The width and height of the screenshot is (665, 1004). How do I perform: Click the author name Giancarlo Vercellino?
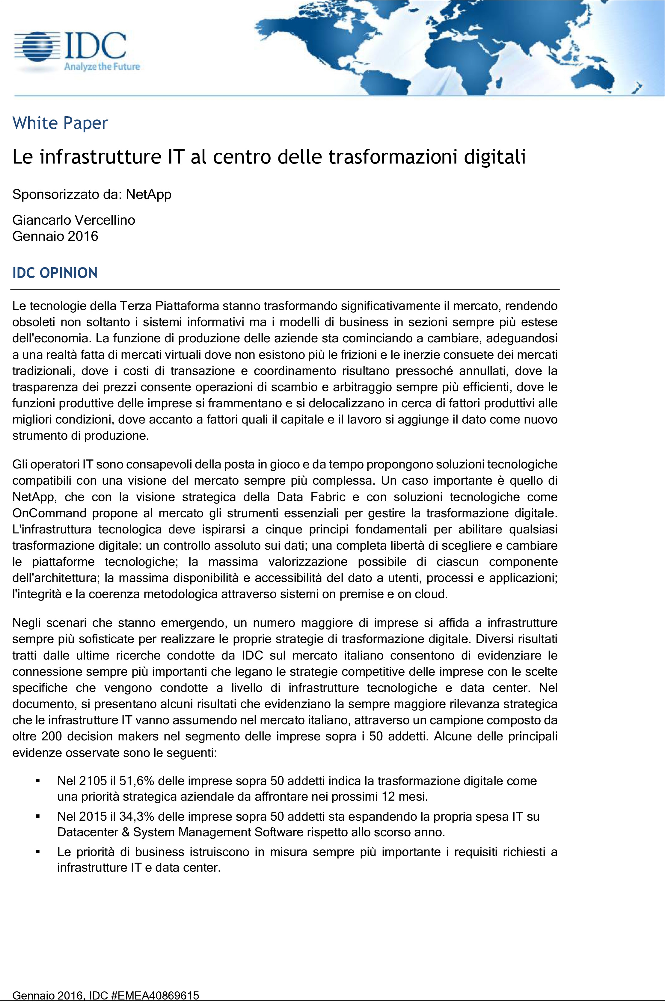[74, 220]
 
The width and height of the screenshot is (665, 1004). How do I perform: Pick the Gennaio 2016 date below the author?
[55, 236]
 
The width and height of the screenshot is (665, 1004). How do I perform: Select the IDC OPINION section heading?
[55, 273]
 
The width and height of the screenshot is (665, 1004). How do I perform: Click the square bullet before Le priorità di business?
[38, 852]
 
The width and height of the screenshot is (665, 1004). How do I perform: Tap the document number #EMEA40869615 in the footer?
[155, 996]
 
